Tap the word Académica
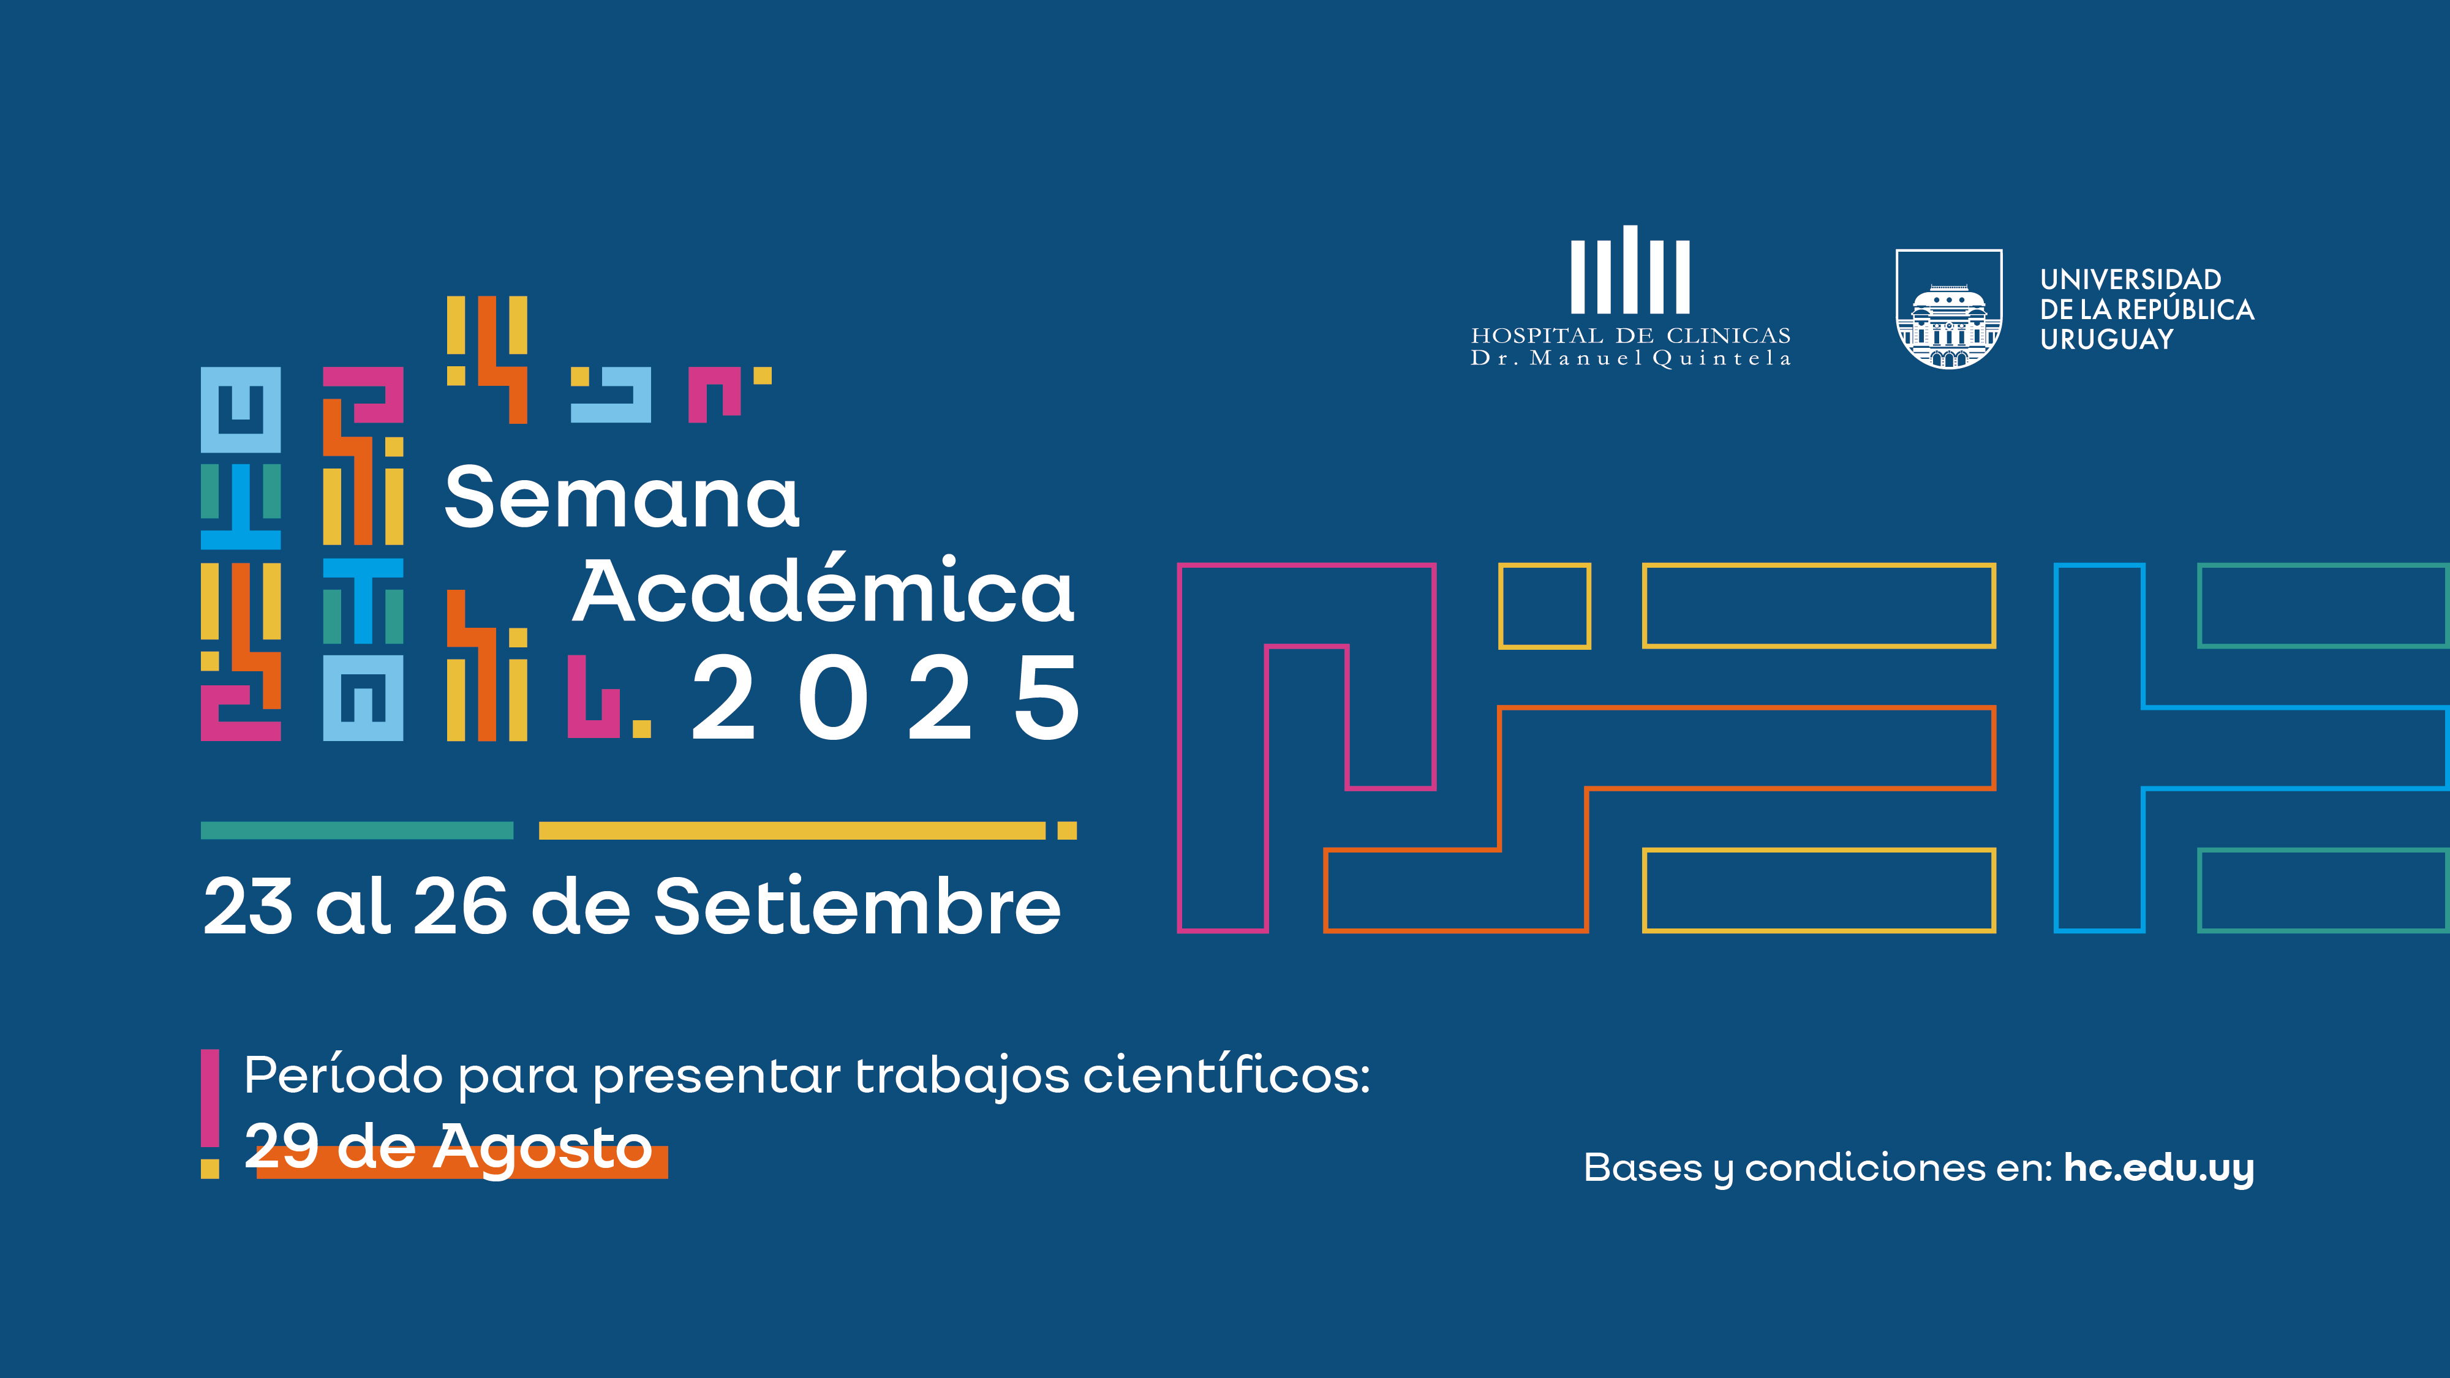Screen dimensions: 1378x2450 click(x=824, y=592)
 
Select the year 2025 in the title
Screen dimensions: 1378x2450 click(x=884, y=699)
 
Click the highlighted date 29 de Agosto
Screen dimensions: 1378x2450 click(x=449, y=1148)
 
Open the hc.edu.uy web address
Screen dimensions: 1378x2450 click(x=2158, y=1168)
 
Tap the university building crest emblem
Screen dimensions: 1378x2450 click(x=1949, y=310)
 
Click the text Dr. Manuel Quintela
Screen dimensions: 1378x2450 click(x=1630, y=358)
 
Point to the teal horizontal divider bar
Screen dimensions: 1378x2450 click(x=356, y=830)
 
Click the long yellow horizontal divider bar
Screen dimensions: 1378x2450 click(x=791, y=830)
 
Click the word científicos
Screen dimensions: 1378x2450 click(x=1227, y=1075)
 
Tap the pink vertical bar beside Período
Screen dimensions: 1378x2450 click(x=210, y=1098)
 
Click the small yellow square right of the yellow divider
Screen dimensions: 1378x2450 click(x=1067, y=830)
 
